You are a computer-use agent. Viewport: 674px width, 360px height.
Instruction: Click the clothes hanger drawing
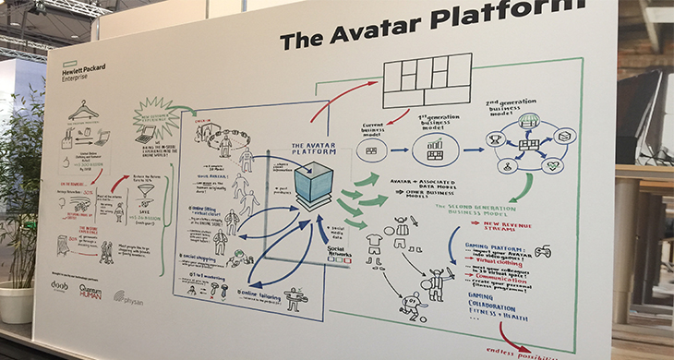pos(83,110)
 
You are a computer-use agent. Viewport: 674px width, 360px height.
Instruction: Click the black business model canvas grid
pos(427,80)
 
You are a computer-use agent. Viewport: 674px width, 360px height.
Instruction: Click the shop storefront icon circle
pos(529,120)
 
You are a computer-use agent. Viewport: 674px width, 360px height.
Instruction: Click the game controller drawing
pos(543,249)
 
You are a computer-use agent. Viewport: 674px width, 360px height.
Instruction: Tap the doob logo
pos(60,285)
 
